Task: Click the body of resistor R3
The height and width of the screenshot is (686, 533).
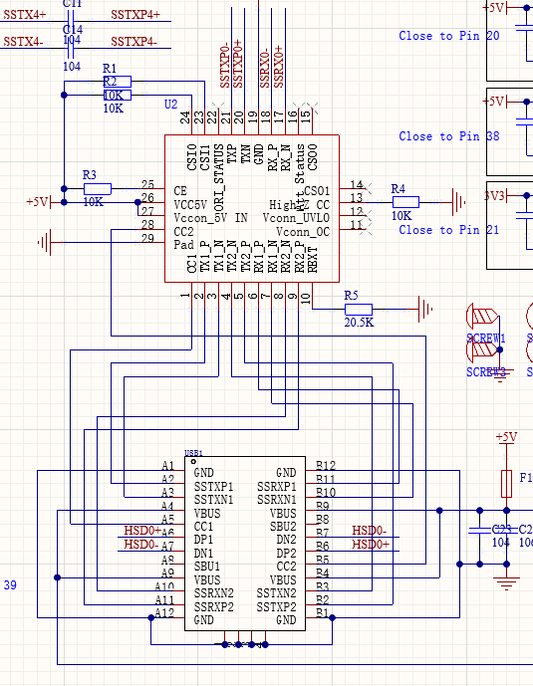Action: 97,188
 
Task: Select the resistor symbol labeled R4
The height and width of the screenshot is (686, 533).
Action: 405,202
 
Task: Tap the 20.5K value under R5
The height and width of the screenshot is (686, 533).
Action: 359,324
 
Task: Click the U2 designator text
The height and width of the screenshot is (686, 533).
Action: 171,105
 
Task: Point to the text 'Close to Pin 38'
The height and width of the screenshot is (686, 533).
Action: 449,136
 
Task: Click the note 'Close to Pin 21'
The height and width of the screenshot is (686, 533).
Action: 449,230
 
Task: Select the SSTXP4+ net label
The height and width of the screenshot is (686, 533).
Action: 134,15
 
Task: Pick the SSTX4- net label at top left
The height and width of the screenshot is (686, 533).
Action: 23,42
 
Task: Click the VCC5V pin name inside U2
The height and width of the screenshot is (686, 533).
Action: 193,204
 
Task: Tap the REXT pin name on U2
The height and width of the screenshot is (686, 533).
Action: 313,261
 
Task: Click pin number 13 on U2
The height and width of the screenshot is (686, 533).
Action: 356,199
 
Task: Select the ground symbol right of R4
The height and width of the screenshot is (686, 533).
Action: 458,202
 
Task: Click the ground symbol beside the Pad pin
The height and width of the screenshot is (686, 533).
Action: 44,241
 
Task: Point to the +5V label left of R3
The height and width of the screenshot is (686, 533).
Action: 37,202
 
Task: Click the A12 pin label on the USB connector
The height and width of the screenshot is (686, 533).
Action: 163,613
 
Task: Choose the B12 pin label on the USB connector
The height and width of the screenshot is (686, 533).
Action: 326,466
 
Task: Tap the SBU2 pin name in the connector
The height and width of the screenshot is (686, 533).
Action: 283,526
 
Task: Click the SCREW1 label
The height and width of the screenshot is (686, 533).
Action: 486,339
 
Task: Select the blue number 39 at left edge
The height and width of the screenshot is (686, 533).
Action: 11,585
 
